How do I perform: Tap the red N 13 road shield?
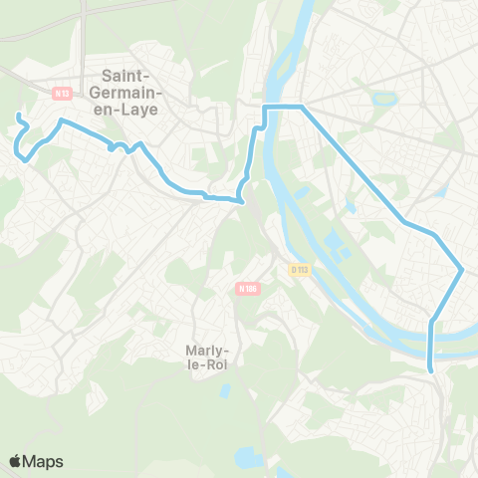62,94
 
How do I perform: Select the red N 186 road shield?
247,288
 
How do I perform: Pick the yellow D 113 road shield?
300,268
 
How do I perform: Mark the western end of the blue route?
18,118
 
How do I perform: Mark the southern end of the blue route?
431,370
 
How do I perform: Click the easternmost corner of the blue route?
463,268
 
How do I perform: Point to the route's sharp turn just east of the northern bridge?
302,106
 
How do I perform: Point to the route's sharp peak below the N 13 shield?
63,121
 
